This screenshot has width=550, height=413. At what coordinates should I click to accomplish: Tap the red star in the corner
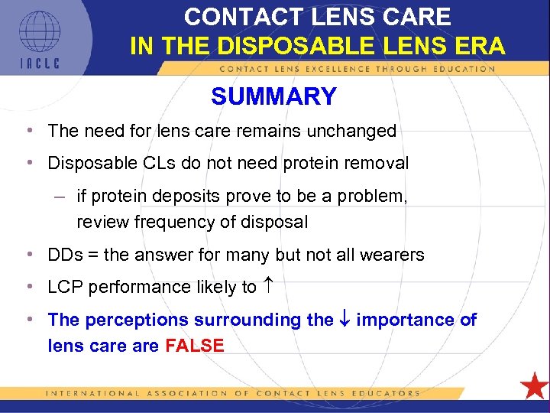pos(533,385)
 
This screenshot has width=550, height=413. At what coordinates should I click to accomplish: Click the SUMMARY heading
pos(273,97)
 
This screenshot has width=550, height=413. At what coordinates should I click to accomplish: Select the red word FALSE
pos(194,346)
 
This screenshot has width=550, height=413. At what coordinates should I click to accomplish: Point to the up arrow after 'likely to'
pos(270,287)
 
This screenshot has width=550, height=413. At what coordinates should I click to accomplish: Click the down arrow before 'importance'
pos(345,320)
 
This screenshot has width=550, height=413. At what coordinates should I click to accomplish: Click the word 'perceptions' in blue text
pos(138,320)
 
